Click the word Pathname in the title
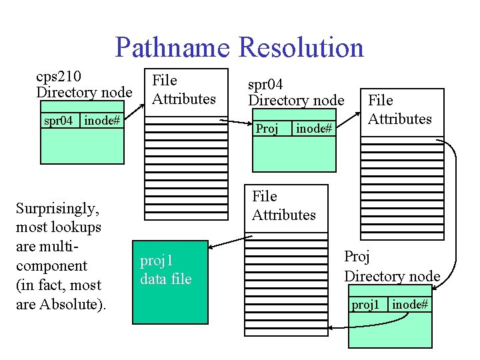[x=172, y=48]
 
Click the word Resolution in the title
[x=301, y=48]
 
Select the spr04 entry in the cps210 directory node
[x=59, y=121]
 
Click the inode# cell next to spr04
[x=103, y=121]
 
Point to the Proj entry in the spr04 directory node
[x=267, y=129]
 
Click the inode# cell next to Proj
[x=313, y=129]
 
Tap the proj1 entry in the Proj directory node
[x=365, y=305]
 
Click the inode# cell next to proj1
[x=410, y=305]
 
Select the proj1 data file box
[x=165, y=270]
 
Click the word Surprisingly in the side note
[x=57, y=209]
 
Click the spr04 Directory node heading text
[x=295, y=93]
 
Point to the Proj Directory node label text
[x=392, y=266]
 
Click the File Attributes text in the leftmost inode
[x=183, y=89]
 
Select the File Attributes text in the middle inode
[x=283, y=205]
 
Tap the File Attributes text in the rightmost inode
[x=399, y=109]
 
